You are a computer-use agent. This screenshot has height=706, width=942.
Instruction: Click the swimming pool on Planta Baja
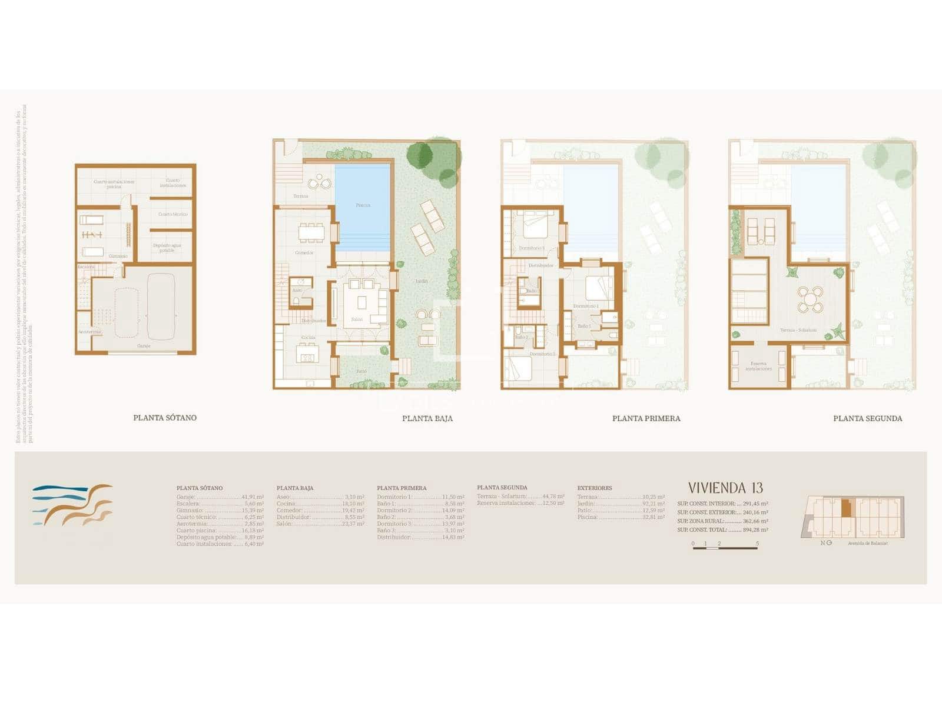[363, 206]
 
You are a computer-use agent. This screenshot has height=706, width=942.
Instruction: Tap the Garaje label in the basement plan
[144, 346]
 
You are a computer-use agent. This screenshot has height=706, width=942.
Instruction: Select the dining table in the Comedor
[310, 233]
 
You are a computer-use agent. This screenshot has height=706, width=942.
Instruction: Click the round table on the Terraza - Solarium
[811, 299]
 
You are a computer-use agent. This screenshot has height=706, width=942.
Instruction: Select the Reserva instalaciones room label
[758, 366]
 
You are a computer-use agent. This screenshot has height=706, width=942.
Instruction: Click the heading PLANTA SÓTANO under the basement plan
[165, 418]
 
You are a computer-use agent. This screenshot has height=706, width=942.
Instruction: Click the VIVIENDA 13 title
[725, 488]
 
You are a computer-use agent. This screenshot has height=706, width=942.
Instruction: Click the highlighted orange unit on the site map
[846, 508]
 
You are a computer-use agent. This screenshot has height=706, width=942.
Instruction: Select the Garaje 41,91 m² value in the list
[253, 497]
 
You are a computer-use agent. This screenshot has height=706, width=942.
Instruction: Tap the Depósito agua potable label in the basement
[167, 248]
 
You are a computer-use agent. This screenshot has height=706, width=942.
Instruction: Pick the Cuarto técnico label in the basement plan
[173, 214]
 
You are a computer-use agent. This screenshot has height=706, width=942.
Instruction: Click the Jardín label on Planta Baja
[422, 281]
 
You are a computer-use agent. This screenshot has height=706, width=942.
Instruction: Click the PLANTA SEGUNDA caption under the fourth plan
[867, 418]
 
